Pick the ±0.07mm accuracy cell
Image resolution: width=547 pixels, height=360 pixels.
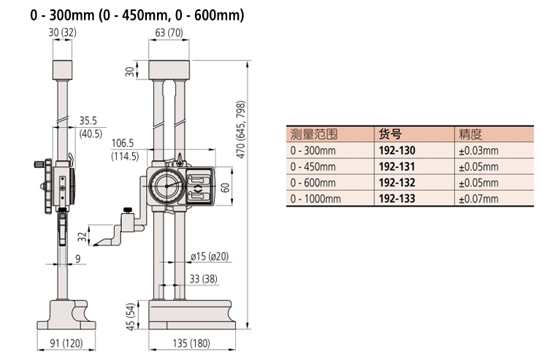click(478, 199)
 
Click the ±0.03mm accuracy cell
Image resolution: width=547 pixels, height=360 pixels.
click(478, 151)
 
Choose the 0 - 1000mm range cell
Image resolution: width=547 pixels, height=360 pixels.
click(315, 199)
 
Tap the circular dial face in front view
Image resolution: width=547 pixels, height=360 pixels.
click(167, 186)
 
